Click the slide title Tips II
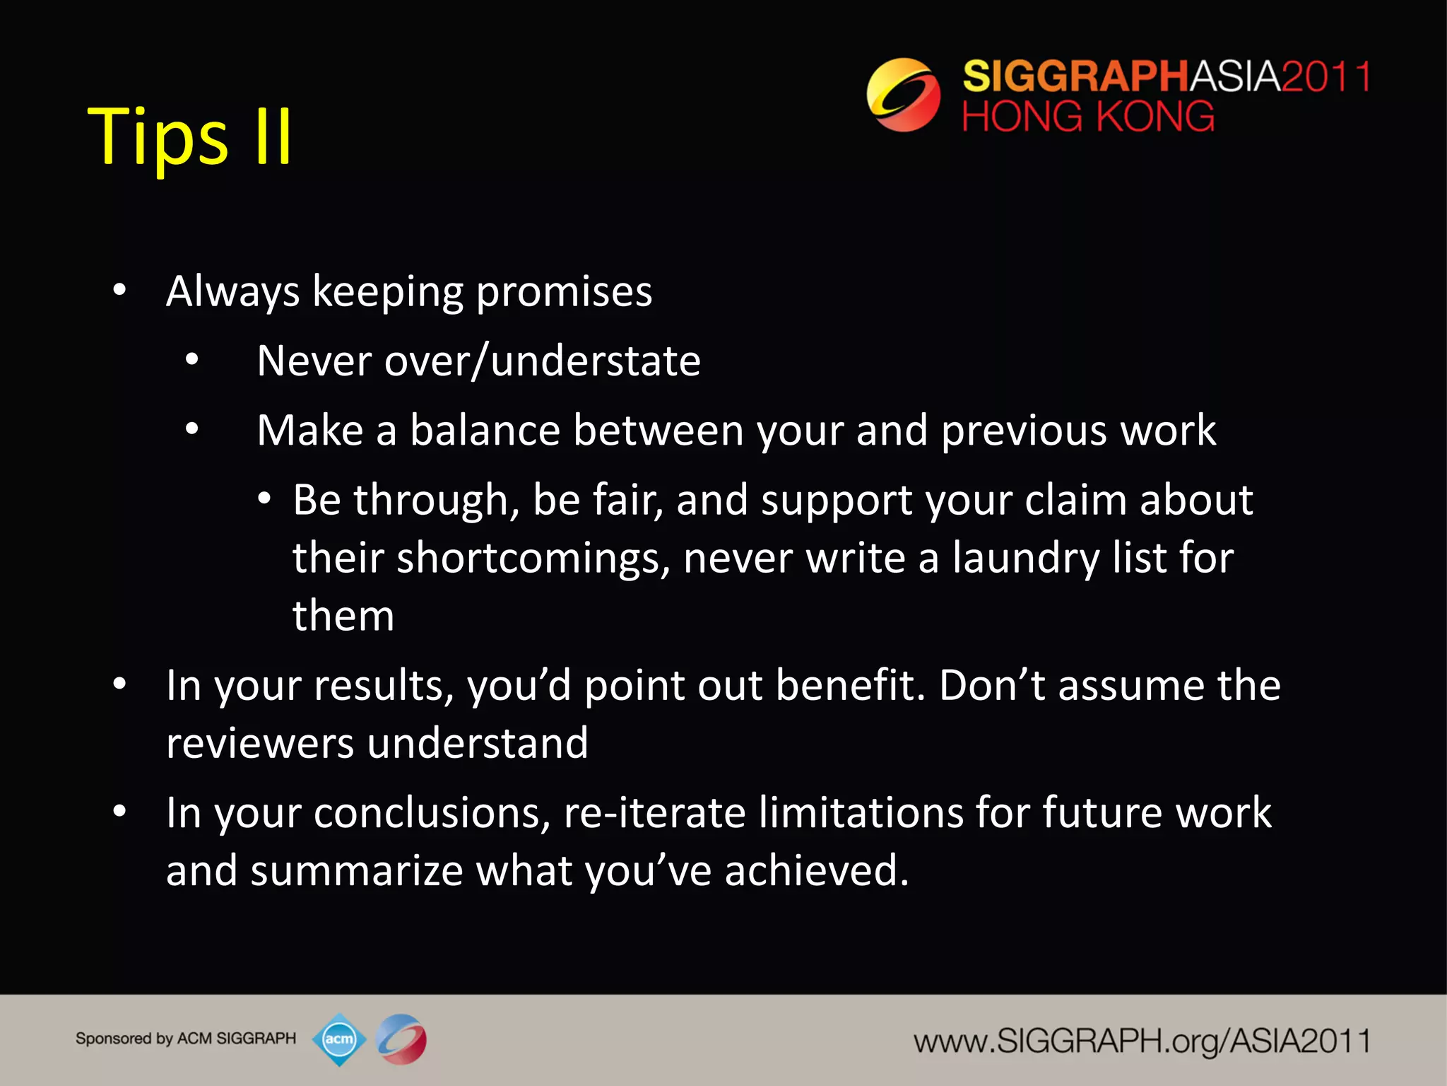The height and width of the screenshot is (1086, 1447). pos(189,136)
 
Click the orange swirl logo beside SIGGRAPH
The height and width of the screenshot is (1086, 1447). pos(903,95)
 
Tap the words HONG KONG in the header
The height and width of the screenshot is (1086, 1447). pos(1088,117)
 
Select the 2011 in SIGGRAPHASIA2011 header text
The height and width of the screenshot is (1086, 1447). pos(1325,76)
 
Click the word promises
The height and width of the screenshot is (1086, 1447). pos(564,291)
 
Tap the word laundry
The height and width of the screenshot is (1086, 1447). pos(1025,558)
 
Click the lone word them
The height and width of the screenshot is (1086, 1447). pos(343,615)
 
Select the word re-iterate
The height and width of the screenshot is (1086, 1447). pos(654,812)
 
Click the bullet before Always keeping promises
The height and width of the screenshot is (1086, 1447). pos(119,290)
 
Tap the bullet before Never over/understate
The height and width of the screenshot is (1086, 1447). pos(192,360)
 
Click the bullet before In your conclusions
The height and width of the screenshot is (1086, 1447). pos(119,812)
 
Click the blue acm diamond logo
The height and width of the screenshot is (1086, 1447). pos(339,1039)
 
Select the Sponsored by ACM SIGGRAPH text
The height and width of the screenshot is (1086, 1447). pos(186,1039)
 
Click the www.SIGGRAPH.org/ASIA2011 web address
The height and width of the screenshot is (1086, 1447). pos(1141,1041)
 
